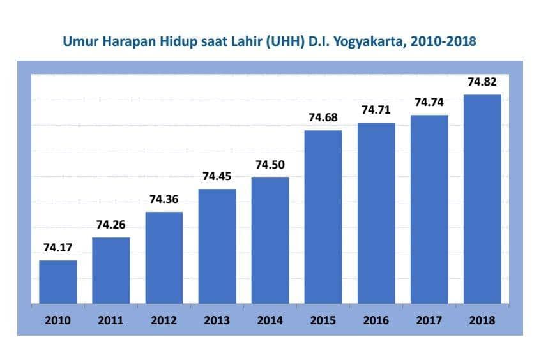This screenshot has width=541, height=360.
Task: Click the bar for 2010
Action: point(58,281)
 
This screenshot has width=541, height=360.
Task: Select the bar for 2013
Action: point(217,246)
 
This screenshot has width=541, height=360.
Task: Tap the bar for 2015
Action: point(323,216)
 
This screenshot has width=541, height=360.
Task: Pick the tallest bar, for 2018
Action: point(482,199)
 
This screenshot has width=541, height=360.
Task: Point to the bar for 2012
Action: point(164,257)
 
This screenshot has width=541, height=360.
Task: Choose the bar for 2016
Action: point(376,213)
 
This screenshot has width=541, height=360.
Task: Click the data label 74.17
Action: point(57,248)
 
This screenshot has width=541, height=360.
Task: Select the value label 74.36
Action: point(164,199)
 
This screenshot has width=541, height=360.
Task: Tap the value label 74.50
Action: point(270,165)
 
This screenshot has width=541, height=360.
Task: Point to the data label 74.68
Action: point(323,117)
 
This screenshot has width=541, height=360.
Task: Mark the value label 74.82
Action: point(482,82)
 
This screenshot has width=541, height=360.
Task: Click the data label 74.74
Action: point(429,102)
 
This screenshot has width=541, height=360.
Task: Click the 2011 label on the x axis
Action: point(111,320)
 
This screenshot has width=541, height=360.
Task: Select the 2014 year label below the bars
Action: point(270,320)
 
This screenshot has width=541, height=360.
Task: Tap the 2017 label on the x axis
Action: point(429,320)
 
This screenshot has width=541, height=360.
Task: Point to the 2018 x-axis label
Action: point(482,320)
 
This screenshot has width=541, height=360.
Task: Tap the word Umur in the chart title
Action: point(79,42)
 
